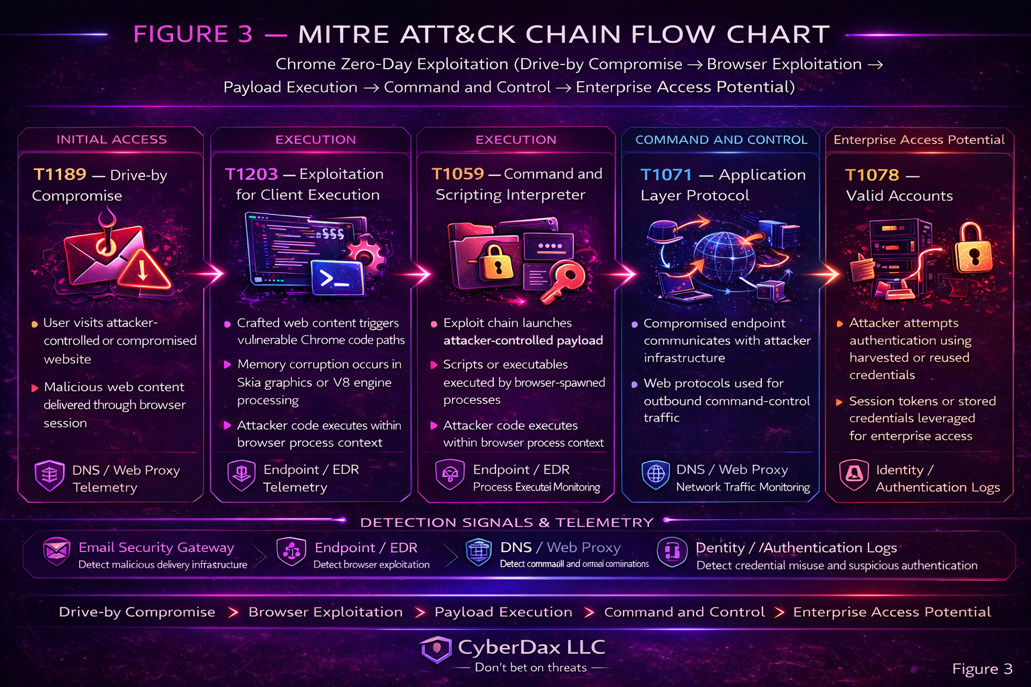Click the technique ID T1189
pos(60,174)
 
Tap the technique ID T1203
pos(251,174)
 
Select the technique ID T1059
pos(457,174)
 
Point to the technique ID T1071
pos(666,175)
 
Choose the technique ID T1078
pos(871,175)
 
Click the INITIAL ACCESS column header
pos(111,140)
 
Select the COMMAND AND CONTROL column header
pos(721,140)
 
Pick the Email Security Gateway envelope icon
pos(56,551)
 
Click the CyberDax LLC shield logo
pos(436,649)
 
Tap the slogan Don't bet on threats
pos(530,668)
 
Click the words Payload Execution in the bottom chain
pos(503,612)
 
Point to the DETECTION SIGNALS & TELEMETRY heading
pos(507,522)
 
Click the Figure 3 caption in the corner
pos(982,669)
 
